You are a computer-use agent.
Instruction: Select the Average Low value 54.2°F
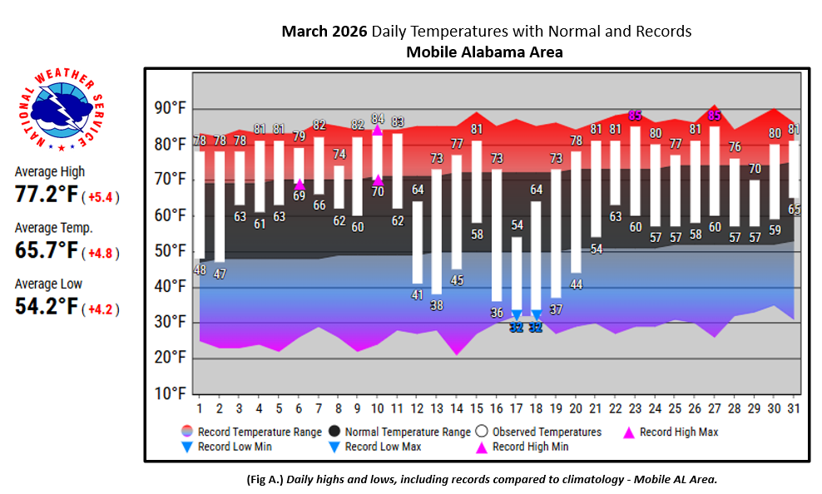[x=47, y=307]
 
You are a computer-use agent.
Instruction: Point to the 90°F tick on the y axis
[x=168, y=109]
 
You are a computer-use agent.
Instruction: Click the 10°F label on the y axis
[x=168, y=393]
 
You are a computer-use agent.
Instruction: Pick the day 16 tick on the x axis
[x=496, y=408]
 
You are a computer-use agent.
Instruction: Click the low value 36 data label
[x=497, y=313]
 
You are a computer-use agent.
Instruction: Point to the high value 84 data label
[x=378, y=119]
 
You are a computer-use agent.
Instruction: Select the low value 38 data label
[x=437, y=305]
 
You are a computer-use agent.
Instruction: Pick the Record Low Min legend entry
[x=228, y=447]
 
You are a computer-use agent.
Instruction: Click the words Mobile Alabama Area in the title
[x=484, y=52]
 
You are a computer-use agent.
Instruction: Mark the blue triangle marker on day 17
[x=516, y=314]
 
